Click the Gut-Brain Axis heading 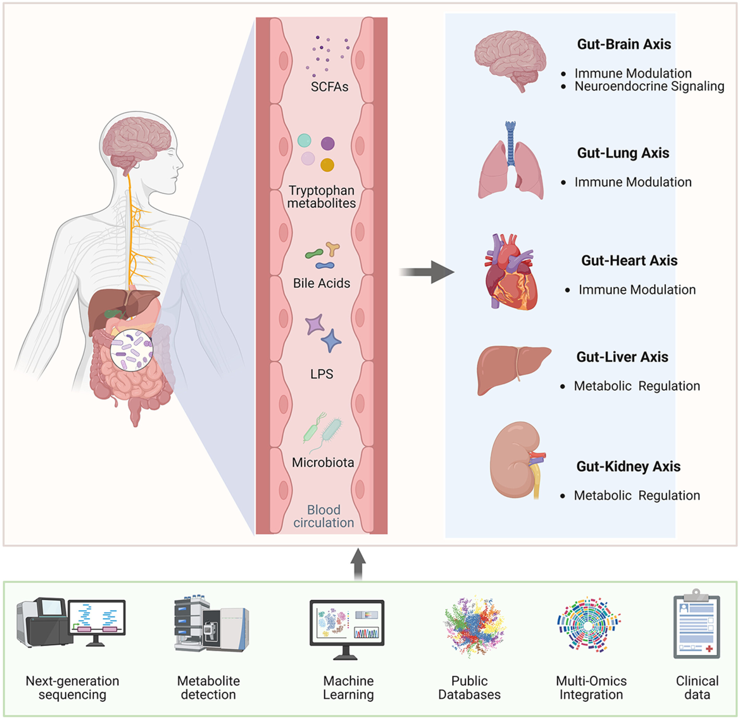[624, 44]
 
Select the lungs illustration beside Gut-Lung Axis [510, 162]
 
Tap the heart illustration [509, 272]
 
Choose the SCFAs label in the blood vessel [329, 87]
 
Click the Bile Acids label [321, 283]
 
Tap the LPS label [321, 374]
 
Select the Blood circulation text [324, 516]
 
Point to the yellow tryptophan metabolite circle [327, 165]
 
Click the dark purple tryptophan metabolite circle [328, 144]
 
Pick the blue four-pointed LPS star [331, 340]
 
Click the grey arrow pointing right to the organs [427, 272]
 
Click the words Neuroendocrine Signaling [649, 86]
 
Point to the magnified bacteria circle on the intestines [131, 350]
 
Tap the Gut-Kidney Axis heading [628, 466]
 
